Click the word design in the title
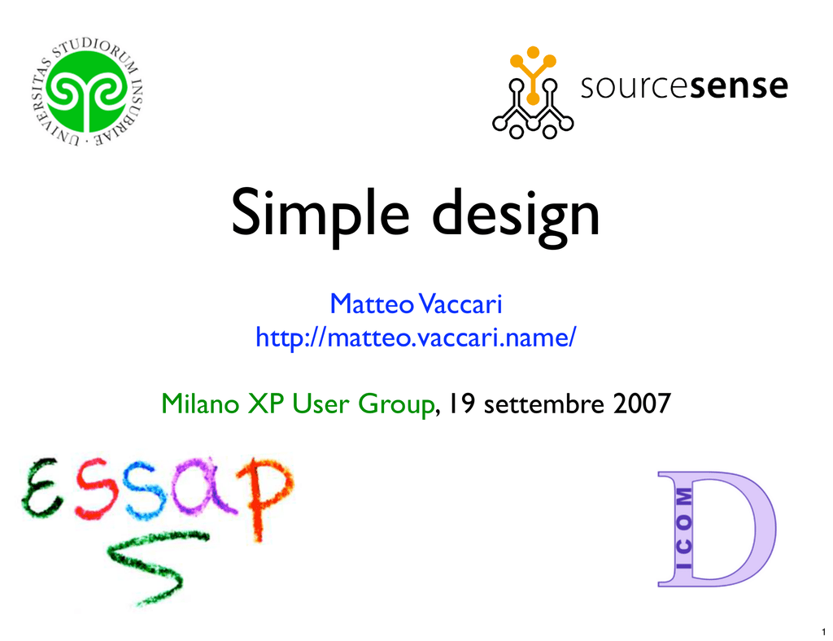[515, 215]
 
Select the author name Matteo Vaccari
[416, 303]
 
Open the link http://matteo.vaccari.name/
[416, 338]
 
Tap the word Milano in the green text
[200, 403]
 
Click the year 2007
[642, 403]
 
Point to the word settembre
[544, 404]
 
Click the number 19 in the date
[462, 403]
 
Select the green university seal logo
[86, 92]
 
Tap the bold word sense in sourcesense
[739, 87]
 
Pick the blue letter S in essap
[145, 489]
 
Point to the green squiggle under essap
[151, 567]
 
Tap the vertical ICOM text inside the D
[683, 529]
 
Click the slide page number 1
[823, 632]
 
